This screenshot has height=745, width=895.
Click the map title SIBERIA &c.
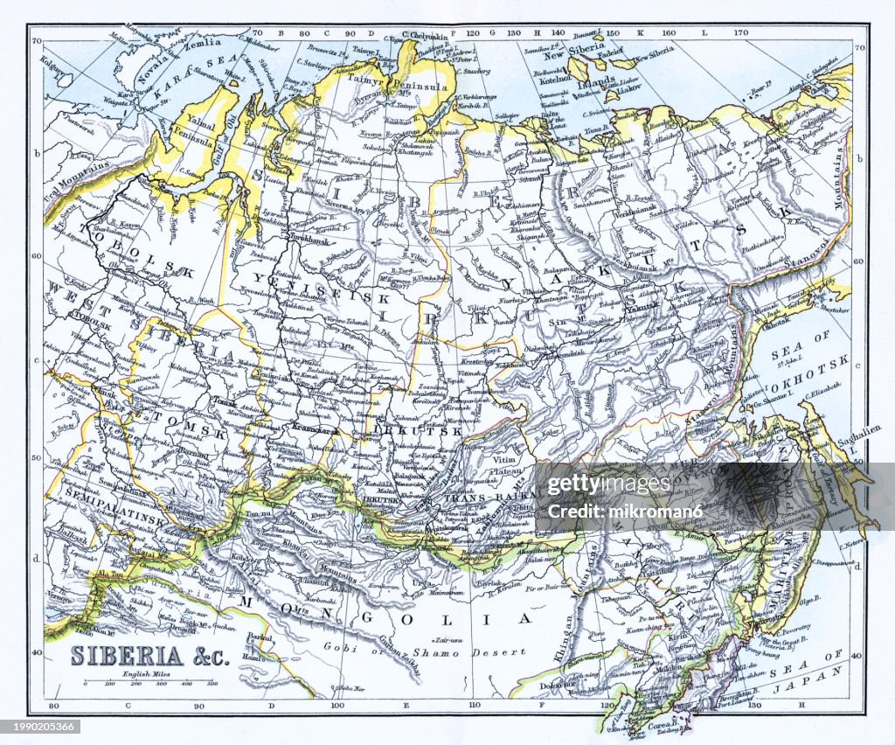149,656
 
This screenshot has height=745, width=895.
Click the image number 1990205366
40,727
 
